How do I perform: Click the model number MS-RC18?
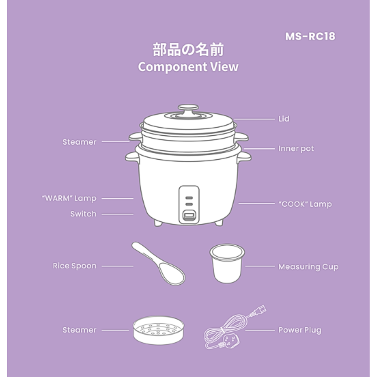310,36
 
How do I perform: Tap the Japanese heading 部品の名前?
188,50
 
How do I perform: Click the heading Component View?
188,67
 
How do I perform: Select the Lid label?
284,119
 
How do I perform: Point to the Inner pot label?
296,149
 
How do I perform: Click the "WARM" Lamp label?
69,198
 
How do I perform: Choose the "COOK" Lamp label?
305,204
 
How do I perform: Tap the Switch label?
83,214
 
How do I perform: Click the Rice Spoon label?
75,266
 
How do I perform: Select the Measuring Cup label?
309,267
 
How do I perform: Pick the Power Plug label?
300,330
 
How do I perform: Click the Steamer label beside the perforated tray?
79,330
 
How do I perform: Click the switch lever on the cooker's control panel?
189,216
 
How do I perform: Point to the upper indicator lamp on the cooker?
189,198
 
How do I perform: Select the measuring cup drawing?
227,263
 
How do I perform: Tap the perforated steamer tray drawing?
159,330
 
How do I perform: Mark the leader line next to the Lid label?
254,119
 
